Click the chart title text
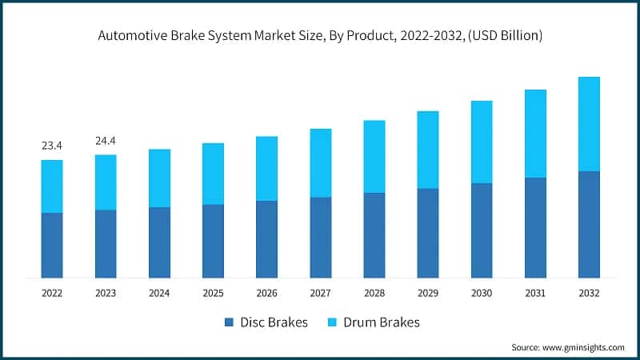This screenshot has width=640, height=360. click(320, 36)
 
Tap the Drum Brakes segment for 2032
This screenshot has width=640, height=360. click(589, 124)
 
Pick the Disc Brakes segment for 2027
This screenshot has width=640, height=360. click(320, 237)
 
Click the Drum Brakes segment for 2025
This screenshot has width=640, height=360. click(213, 174)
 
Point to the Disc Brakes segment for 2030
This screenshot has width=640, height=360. click(482, 230)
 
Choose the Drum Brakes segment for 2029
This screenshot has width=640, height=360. click(428, 150)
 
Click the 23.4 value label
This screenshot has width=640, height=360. click(52, 146)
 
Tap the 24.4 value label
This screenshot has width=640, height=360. click(106, 141)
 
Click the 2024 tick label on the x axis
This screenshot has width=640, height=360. click(159, 294)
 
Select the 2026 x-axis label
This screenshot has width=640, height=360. click(266, 294)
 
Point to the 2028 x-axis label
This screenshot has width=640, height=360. click(374, 294)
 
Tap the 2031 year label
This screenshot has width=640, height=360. click(535, 294)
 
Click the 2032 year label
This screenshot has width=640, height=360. click(589, 294)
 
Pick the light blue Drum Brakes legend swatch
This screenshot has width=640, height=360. click(332, 322)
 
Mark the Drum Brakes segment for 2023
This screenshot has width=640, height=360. click(106, 182)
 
